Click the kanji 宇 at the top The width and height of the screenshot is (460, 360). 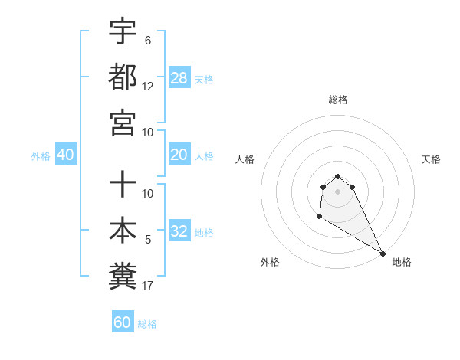coord(123,31)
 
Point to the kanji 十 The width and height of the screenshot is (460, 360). coord(123,185)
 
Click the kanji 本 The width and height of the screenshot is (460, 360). coord(123,230)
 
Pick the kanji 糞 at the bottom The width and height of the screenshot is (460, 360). coord(123,275)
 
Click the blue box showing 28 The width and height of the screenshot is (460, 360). coord(179,77)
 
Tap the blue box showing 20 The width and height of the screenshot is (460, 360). coord(179,155)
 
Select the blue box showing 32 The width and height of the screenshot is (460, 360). coord(179,231)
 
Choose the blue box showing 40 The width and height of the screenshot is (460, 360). coord(65,155)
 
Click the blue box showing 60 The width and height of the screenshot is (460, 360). coord(123,322)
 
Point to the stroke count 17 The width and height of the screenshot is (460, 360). coord(148,286)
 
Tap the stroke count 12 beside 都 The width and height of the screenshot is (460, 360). coord(148,86)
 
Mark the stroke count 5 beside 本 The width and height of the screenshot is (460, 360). coord(147,240)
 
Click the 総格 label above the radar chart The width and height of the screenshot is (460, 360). coord(338,100)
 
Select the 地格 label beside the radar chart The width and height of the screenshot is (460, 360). coord(402,262)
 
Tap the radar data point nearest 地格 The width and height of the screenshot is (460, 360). coord(383,254)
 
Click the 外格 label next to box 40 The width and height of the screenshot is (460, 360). coord(41,155)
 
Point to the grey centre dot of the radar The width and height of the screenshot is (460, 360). coord(338,191)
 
